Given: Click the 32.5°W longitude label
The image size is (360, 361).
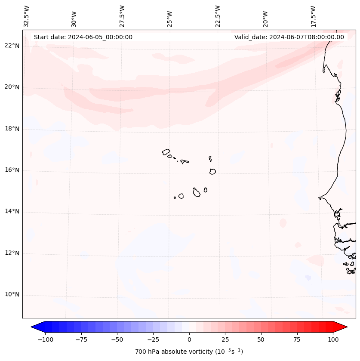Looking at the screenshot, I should [x=27, y=16].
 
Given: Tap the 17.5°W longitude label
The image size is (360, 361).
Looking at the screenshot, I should [x=313, y=16].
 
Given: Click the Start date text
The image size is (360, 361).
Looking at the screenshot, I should [x=83, y=37].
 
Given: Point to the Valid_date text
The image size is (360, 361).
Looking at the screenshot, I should [x=289, y=37].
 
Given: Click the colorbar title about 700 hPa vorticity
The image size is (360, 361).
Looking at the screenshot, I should [x=189, y=352].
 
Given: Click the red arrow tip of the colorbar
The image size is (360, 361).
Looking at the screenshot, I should [x=344, y=327].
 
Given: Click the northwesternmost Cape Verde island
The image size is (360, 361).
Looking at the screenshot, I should [x=166, y=151].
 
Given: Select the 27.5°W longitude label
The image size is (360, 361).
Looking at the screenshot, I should [x=122, y=16].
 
